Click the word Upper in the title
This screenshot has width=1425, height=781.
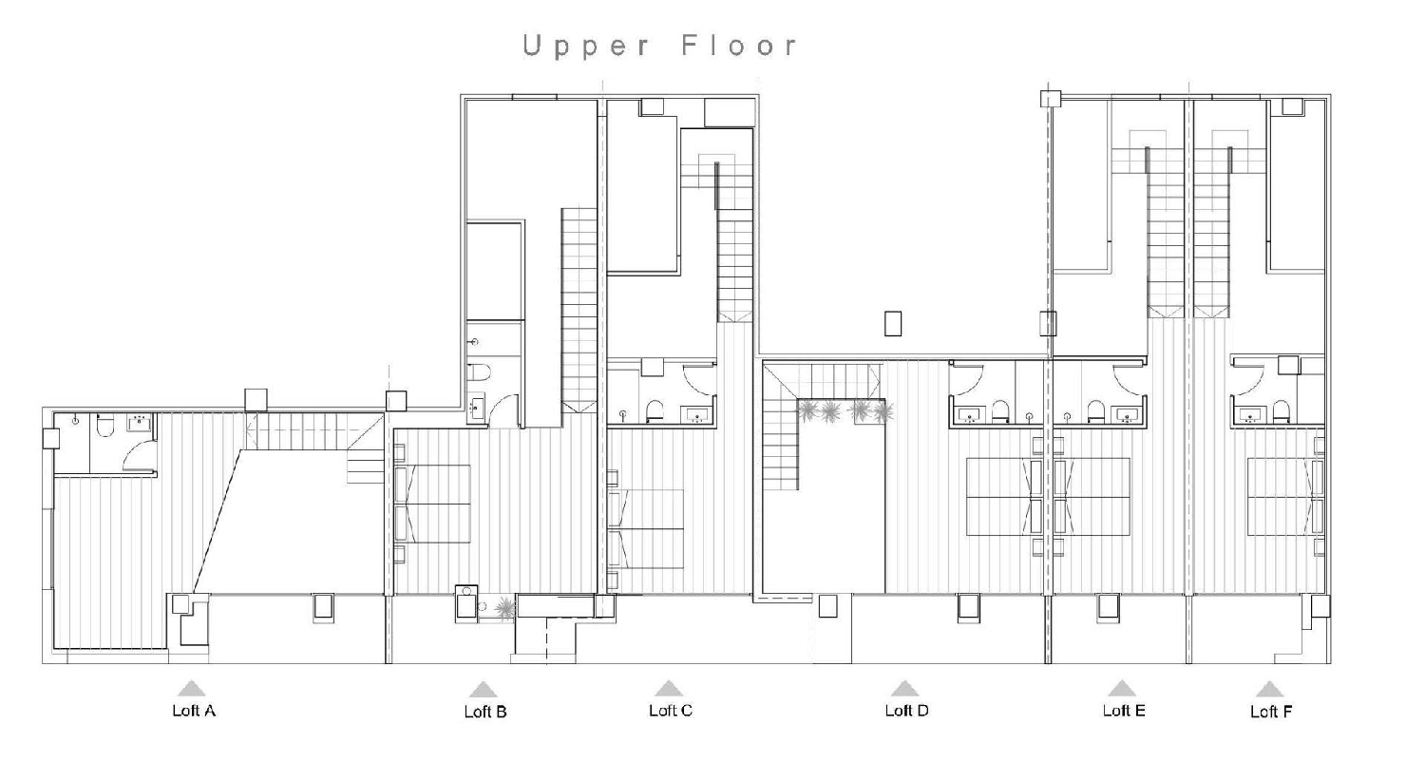tap(586, 46)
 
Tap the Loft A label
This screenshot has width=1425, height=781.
tap(193, 710)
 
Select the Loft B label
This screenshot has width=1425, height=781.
tap(484, 711)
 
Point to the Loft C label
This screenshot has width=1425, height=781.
tap(670, 710)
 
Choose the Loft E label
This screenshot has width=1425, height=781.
tap(1123, 710)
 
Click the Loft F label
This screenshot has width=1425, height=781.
tap(1270, 711)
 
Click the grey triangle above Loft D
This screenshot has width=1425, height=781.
tap(904, 688)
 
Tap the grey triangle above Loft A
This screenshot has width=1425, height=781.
tap(192, 688)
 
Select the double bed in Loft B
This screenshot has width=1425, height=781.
tap(433, 504)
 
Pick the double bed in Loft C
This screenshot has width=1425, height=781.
tap(647, 528)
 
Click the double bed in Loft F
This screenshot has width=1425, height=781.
tap(1284, 497)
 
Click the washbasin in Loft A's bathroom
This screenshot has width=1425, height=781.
tap(141, 421)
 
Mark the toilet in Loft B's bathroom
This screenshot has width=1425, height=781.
tap(478, 373)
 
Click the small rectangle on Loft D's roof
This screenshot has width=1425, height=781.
tap(892, 323)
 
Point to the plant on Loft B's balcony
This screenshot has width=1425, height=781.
tap(504, 607)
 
